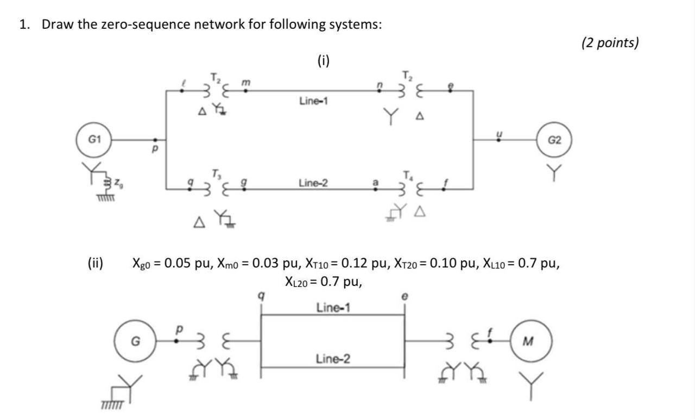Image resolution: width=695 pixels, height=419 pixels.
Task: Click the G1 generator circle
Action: click(x=94, y=140)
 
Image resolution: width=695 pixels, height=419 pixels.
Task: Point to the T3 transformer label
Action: click(x=217, y=173)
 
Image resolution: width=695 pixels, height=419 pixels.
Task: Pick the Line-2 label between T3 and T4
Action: click(x=313, y=184)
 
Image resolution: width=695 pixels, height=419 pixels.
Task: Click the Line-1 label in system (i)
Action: click(x=313, y=101)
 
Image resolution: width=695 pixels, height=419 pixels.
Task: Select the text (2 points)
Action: click(x=610, y=43)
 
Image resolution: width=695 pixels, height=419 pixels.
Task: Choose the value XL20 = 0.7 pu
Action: click(x=323, y=282)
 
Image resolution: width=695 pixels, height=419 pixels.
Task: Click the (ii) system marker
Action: click(x=96, y=264)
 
